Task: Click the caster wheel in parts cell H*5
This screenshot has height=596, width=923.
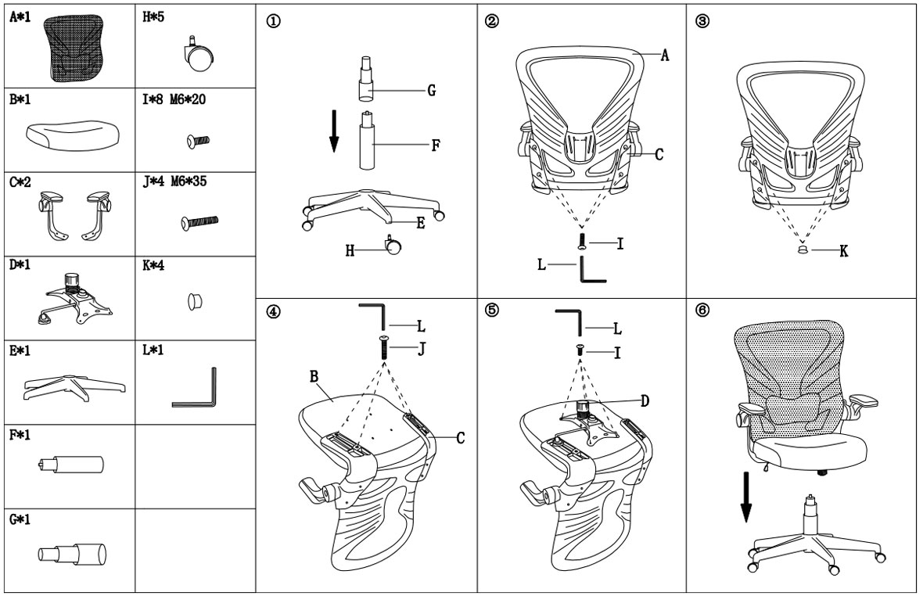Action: (x=199, y=55)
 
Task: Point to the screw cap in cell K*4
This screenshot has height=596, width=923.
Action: (x=195, y=301)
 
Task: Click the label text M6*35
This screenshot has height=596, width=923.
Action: (x=189, y=181)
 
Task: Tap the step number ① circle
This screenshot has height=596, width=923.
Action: (x=273, y=21)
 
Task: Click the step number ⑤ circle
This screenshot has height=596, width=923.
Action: (x=492, y=310)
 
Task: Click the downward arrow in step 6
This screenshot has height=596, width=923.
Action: (x=745, y=497)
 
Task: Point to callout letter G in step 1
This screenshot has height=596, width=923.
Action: (x=432, y=91)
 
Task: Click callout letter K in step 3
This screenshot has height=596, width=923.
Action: (x=843, y=251)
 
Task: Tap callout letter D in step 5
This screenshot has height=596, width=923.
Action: (x=645, y=401)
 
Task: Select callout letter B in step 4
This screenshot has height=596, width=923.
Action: (x=314, y=376)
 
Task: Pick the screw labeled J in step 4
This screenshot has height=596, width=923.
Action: (x=384, y=348)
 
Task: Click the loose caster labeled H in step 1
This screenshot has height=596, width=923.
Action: (x=393, y=246)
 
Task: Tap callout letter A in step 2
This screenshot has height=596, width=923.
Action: (x=665, y=56)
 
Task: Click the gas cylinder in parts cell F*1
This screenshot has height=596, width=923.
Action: (x=70, y=465)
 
